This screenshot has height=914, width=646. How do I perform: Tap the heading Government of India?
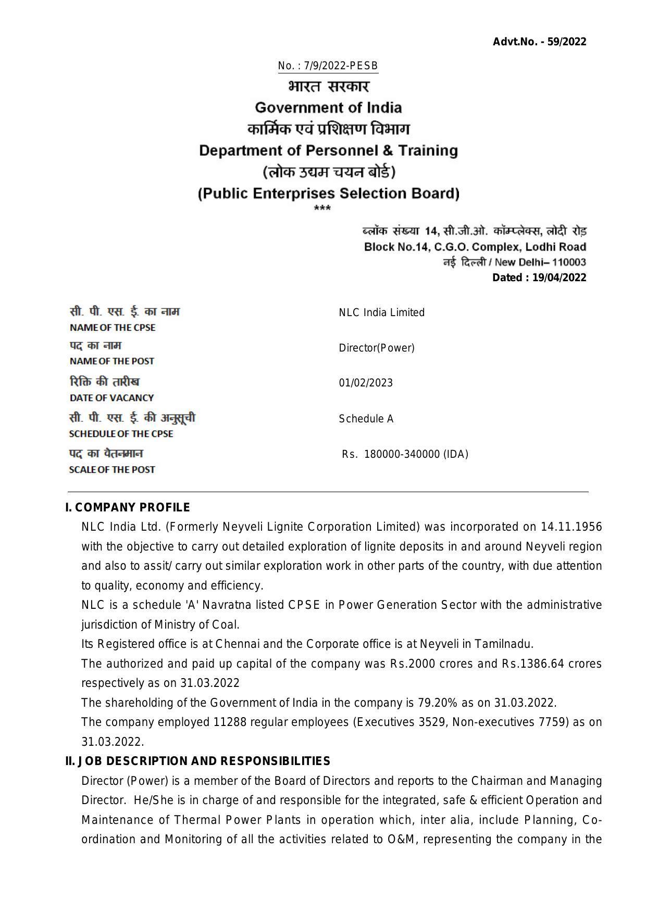coord(328,108)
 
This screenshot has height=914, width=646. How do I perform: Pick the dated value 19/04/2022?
coord(559,278)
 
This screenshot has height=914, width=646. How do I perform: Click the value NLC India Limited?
coord(381,312)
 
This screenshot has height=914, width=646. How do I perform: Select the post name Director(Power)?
coord(376,348)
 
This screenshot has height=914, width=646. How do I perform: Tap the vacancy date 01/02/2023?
coord(366,383)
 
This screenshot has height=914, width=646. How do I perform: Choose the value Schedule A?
coord(366,419)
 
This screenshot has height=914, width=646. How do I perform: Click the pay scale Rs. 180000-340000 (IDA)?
coord(405,455)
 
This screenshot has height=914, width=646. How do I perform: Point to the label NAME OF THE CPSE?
coord(113,328)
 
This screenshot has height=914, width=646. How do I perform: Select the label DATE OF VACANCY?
coord(111,398)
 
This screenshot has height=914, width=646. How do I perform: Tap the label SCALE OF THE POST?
coord(112,470)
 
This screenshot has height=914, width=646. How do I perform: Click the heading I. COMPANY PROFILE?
coord(128,508)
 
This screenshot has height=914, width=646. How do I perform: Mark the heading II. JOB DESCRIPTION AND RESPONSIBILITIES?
coord(197,762)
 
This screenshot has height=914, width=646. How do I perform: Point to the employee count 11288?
coord(228,722)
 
